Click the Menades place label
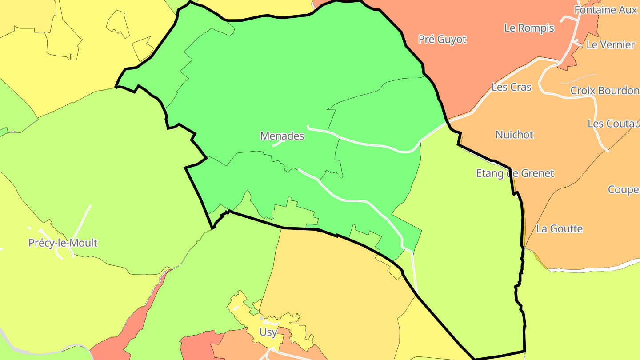pyautogui.click(x=282, y=136)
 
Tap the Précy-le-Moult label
pyautogui.click(x=63, y=243)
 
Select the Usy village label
pyautogui.click(x=268, y=332)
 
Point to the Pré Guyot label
pyautogui.click(x=442, y=40)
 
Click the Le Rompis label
pyautogui.click(x=529, y=28)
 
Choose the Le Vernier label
pyautogui.click(x=610, y=44)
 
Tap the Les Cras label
pyautogui.click(x=511, y=87)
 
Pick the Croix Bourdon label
pyautogui.click(x=604, y=91)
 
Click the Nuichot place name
pyautogui.click(x=514, y=134)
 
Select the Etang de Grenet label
pyautogui.click(x=515, y=173)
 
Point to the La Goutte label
pyautogui.click(x=559, y=229)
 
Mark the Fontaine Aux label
pyautogui.click(x=605, y=10)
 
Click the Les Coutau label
pyautogui.click(x=613, y=124)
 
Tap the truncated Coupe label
pyautogui.click(x=623, y=190)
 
